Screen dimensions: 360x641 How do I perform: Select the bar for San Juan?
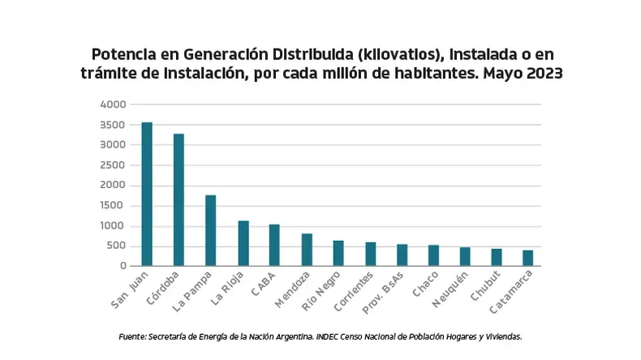tap(147, 195)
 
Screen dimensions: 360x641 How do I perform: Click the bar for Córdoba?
tap(179, 200)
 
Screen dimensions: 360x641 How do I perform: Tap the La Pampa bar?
tap(210, 230)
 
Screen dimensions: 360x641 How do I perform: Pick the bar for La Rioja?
tap(243, 243)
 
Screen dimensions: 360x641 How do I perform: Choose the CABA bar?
tap(274, 245)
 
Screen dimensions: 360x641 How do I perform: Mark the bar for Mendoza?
tap(307, 250)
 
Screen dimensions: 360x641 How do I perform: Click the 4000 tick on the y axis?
tap(113, 105)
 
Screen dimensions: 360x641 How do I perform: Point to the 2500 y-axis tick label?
tap(113, 165)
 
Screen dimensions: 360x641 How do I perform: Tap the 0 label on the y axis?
tap(124, 266)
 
